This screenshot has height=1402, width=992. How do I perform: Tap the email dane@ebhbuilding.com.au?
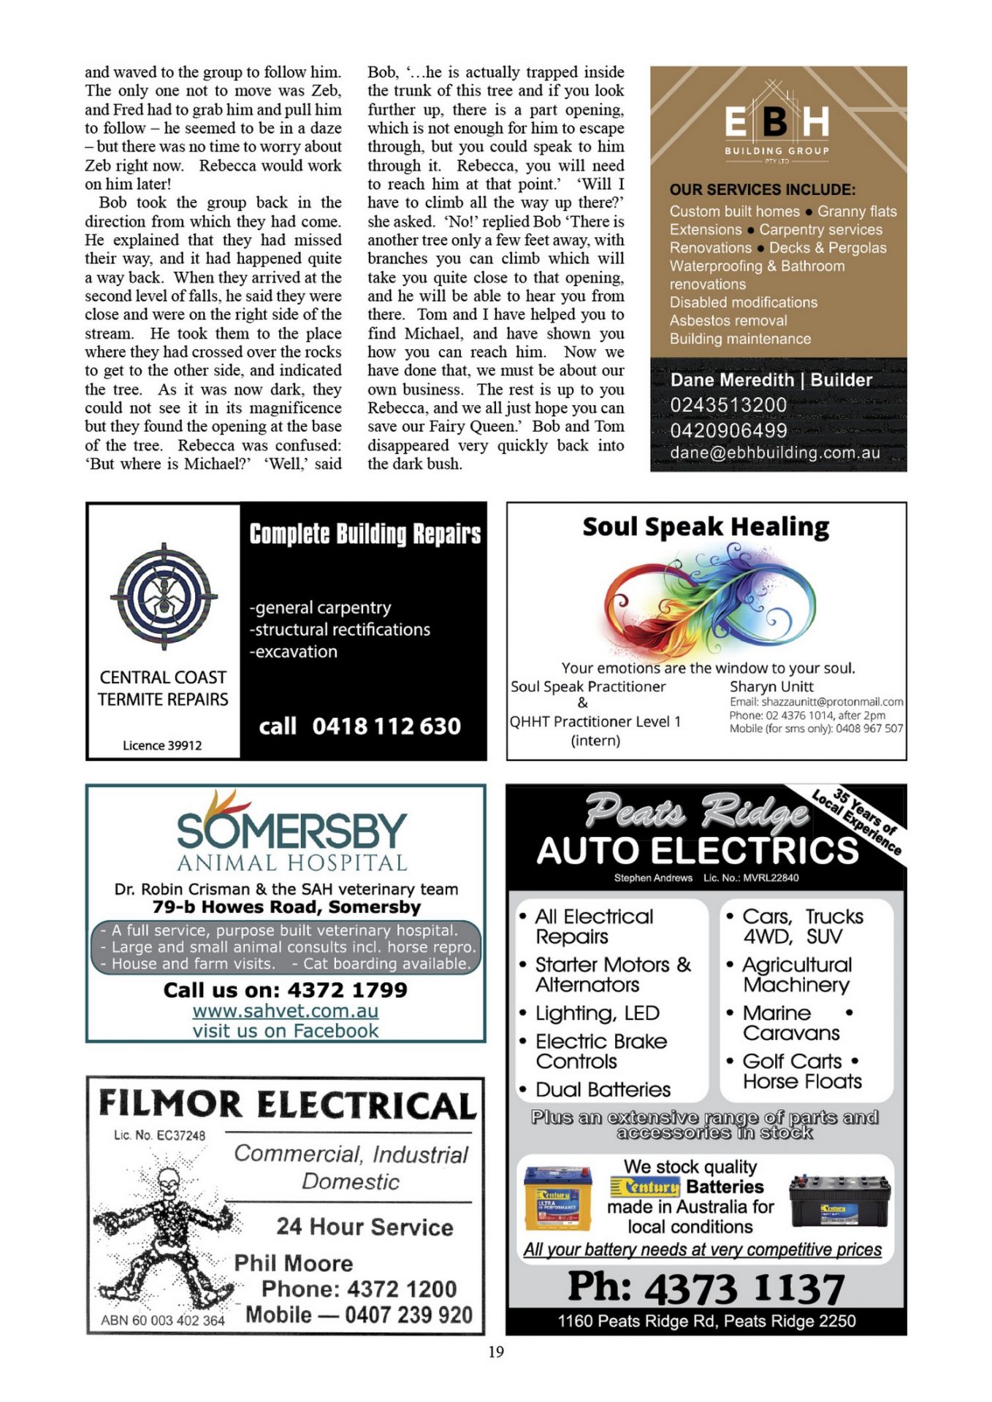(775, 453)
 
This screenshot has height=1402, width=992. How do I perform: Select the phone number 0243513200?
(728, 405)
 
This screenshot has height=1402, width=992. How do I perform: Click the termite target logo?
(164, 595)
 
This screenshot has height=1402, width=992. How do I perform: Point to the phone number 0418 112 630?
(386, 726)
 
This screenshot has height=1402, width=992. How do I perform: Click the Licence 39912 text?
(162, 746)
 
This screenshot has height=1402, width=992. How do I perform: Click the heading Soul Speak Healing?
(706, 526)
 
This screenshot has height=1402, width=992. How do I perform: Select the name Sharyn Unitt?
(771, 686)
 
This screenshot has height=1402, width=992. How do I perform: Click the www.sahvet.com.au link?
(286, 1011)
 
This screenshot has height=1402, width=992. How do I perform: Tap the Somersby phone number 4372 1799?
(347, 990)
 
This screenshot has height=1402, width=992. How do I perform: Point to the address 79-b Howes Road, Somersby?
(286, 907)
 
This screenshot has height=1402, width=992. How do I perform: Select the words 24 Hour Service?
(365, 1227)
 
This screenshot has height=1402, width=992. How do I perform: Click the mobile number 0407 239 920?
(408, 1315)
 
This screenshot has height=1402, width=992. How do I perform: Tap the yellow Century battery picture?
(558, 1198)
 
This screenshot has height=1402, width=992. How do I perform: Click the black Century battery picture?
(839, 1200)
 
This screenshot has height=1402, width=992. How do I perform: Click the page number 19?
(496, 1352)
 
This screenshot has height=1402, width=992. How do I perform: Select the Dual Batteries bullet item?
(603, 1089)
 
